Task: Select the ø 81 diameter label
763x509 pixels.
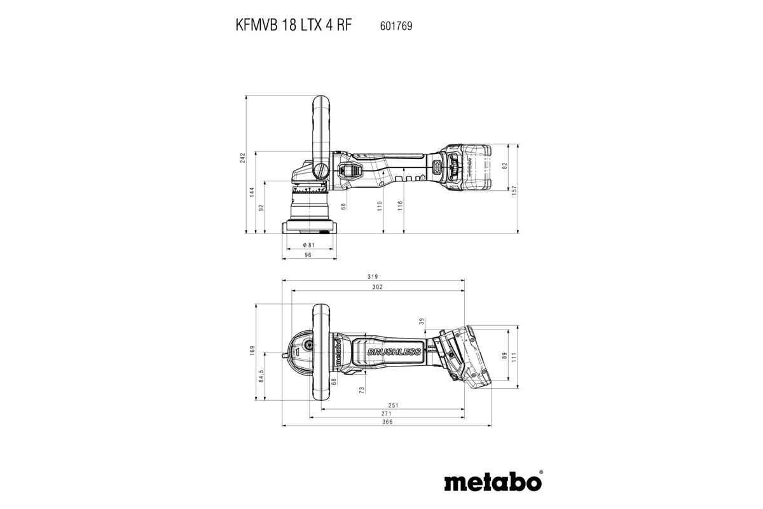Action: pyautogui.click(x=308, y=244)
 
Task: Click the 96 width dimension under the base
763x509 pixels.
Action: pyautogui.click(x=308, y=255)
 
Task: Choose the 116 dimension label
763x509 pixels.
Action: pyautogui.click(x=400, y=205)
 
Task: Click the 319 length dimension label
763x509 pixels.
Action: pyautogui.click(x=373, y=277)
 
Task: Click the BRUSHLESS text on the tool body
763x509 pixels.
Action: pyautogui.click(x=394, y=351)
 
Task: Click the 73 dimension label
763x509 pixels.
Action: pyautogui.click(x=362, y=388)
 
